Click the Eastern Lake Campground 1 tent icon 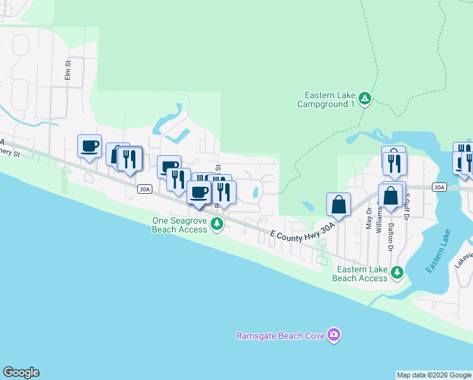click(364, 98)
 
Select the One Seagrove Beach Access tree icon click(217, 224)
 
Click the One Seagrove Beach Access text click(180, 225)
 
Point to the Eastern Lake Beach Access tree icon click(397, 273)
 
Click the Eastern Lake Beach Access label click(360, 274)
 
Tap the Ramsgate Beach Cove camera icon click(334, 335)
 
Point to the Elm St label click(68, 70)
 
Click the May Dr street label click(369, 220)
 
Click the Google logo click(21, 372)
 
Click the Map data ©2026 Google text click(434, 375)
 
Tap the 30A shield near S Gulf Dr click(439, 187)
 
